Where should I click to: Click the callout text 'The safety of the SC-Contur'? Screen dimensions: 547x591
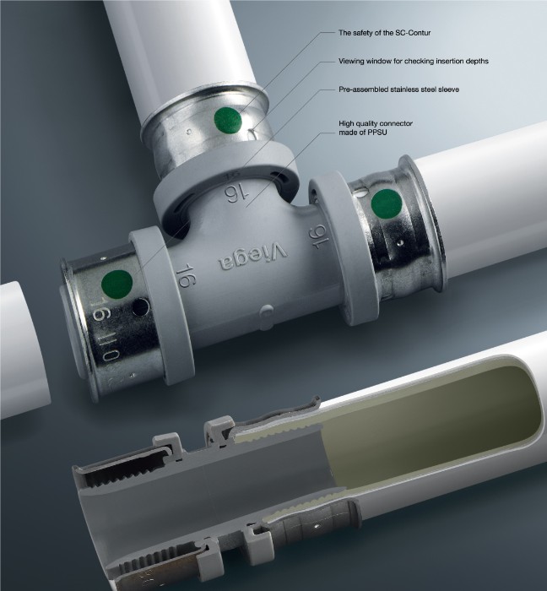tap(384, 33)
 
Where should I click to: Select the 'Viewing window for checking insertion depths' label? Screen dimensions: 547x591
tap(414, 61)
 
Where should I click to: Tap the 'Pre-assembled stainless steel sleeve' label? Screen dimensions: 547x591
tap(398, 89)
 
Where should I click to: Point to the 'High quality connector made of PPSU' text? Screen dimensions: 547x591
tap(376, 127)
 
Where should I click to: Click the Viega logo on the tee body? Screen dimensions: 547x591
tap(252, 257)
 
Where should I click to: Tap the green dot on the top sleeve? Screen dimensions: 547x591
tap(228, 120)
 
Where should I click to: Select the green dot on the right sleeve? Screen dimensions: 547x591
tap(387, 204)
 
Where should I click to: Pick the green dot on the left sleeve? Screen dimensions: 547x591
tap(117, 285)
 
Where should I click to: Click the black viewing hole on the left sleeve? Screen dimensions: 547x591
tap(141, 307)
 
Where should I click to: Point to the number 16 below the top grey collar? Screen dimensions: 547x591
tap(237, 194)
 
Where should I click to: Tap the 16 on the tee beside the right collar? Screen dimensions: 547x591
tap(320, 237)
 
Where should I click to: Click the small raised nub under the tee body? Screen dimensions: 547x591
tap(267, 312)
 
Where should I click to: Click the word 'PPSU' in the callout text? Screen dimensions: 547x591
tap(377, 133)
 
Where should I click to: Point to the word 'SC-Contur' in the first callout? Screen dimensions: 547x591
tap(413, 33)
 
